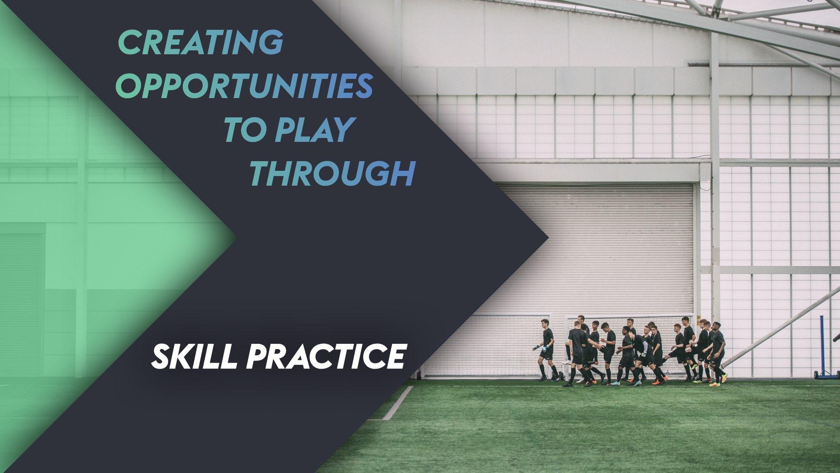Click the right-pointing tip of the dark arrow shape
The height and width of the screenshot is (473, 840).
[547, 239]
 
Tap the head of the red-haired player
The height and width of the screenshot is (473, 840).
[677, 328]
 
